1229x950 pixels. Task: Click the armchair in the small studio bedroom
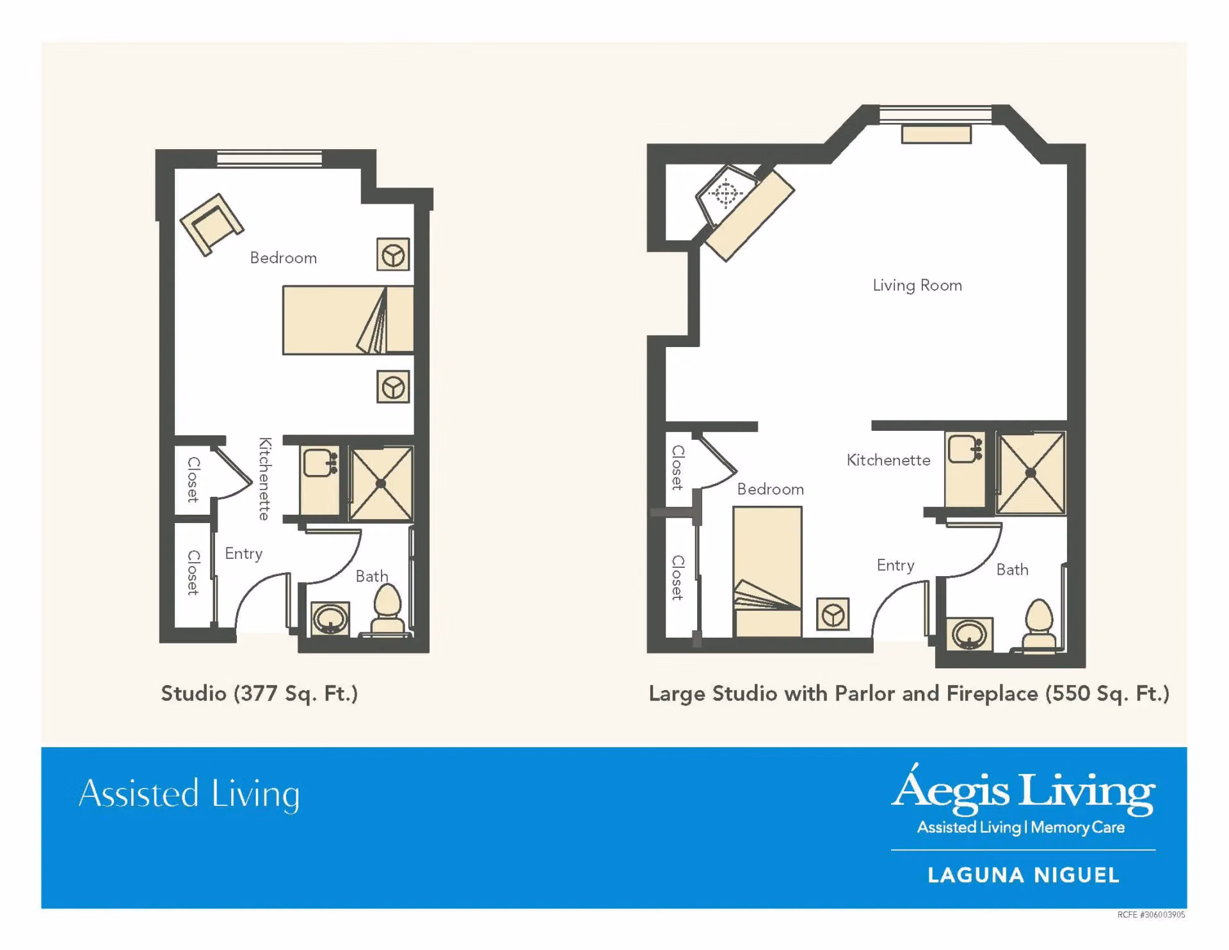click(x=211, y=224)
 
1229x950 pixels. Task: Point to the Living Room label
click(x=917, y=286)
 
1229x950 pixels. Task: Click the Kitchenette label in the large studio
click(x=888, y=460)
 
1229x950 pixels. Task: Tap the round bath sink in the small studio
click(x=330, y=618)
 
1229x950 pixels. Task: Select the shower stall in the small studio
click(x=381, y=484)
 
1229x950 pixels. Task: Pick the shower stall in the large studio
click(x=1031, y=473)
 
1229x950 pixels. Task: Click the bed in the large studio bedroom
click(x=767, y=572)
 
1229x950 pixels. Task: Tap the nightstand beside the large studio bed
click(x=833, y=615)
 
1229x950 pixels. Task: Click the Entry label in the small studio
click(x=244, y=554)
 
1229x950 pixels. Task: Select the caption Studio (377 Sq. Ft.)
click(x=259, y=694)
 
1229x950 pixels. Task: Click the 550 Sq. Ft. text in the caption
click(x=1107, y=694)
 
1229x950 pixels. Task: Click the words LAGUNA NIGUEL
click(x=1024, y=875)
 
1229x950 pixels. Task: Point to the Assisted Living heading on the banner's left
click(x=189, y=794)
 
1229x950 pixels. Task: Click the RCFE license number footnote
click(x=1151, y=915)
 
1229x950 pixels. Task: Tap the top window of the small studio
click(x=269, y=158)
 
